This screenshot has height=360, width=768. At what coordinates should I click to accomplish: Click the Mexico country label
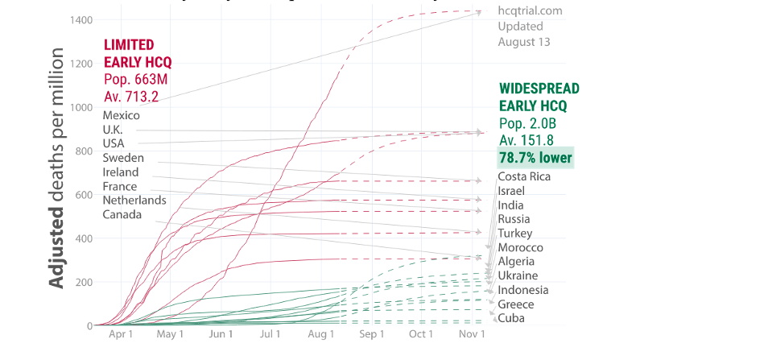click(121, 115)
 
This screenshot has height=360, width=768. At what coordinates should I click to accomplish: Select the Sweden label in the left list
click(123, 158)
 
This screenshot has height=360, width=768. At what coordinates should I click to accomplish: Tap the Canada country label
click(122, 214)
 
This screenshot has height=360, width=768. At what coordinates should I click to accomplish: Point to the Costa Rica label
click(524, 176)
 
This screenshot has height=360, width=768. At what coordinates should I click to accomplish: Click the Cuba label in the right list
click(512, 318)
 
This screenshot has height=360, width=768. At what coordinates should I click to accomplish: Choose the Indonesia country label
click(523, 290)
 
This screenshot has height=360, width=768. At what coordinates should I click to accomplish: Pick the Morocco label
click(520, 247)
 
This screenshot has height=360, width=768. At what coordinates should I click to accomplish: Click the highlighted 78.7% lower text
click(535, 158)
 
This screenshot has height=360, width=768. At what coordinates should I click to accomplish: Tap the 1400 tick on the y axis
click(80, 19)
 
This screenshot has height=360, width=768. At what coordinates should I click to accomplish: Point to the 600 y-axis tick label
click(83, 194)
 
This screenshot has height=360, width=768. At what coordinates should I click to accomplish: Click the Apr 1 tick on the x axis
click(120, 333)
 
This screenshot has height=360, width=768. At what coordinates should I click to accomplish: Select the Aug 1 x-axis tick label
click(320, 333)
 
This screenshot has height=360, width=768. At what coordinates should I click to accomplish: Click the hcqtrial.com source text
click(530, 11)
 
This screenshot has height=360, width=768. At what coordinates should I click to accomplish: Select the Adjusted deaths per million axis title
click(57, 168)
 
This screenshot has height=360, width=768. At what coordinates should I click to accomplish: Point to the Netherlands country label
click(134, 200)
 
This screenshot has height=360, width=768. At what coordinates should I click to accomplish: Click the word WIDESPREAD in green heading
click(539, 89)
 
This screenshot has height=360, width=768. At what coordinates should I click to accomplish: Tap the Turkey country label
click(515, 233)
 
